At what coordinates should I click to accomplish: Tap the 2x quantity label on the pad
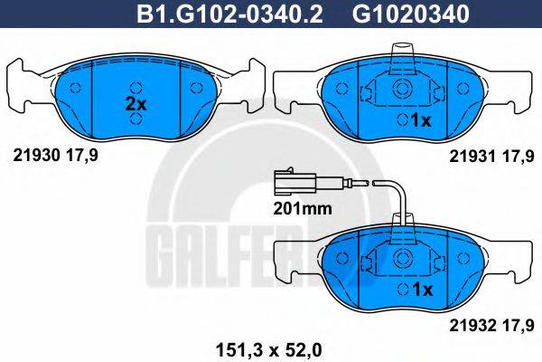(x=135, y=104)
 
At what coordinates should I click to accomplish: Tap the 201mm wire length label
(x=303, y=207)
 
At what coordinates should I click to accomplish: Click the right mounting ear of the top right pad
(x=516, y=86)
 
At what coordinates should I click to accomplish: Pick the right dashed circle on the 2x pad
(x=197, y=89)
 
